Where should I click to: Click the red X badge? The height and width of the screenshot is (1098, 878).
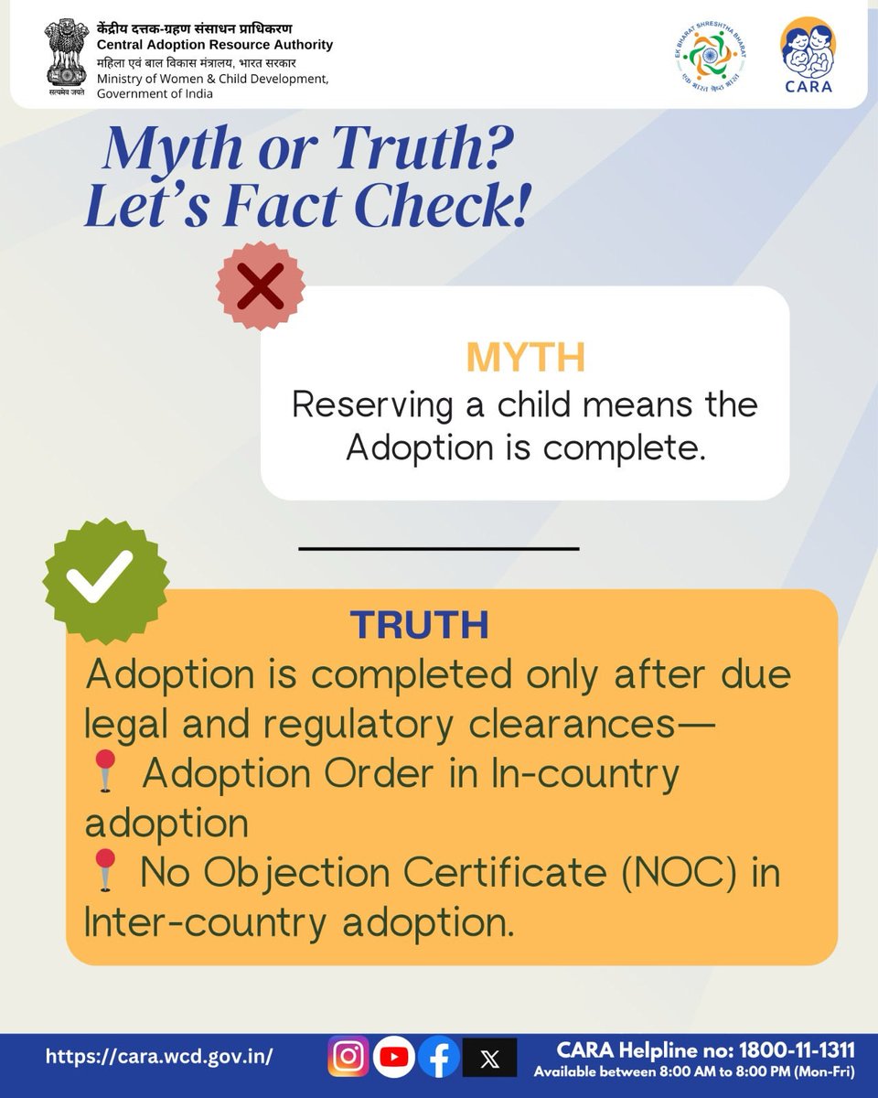(261, 285)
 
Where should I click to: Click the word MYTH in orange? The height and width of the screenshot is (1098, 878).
(525, 358)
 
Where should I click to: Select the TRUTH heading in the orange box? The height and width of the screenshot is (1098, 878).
(419, 625)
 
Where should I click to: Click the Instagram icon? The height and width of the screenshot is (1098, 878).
(348, 1057)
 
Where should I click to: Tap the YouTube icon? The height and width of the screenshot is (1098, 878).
(394, 1057)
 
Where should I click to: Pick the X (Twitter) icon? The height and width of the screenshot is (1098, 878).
(489, 1058)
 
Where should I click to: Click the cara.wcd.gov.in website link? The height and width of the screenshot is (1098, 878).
(159, 1056)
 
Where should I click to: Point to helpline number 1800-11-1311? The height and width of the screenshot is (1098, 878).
(793, 1048)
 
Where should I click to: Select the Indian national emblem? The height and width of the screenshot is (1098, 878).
(63, 57)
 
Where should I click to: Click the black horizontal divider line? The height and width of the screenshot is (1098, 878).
(439, 548)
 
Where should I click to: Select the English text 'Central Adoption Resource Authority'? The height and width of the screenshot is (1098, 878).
(215, 45)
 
